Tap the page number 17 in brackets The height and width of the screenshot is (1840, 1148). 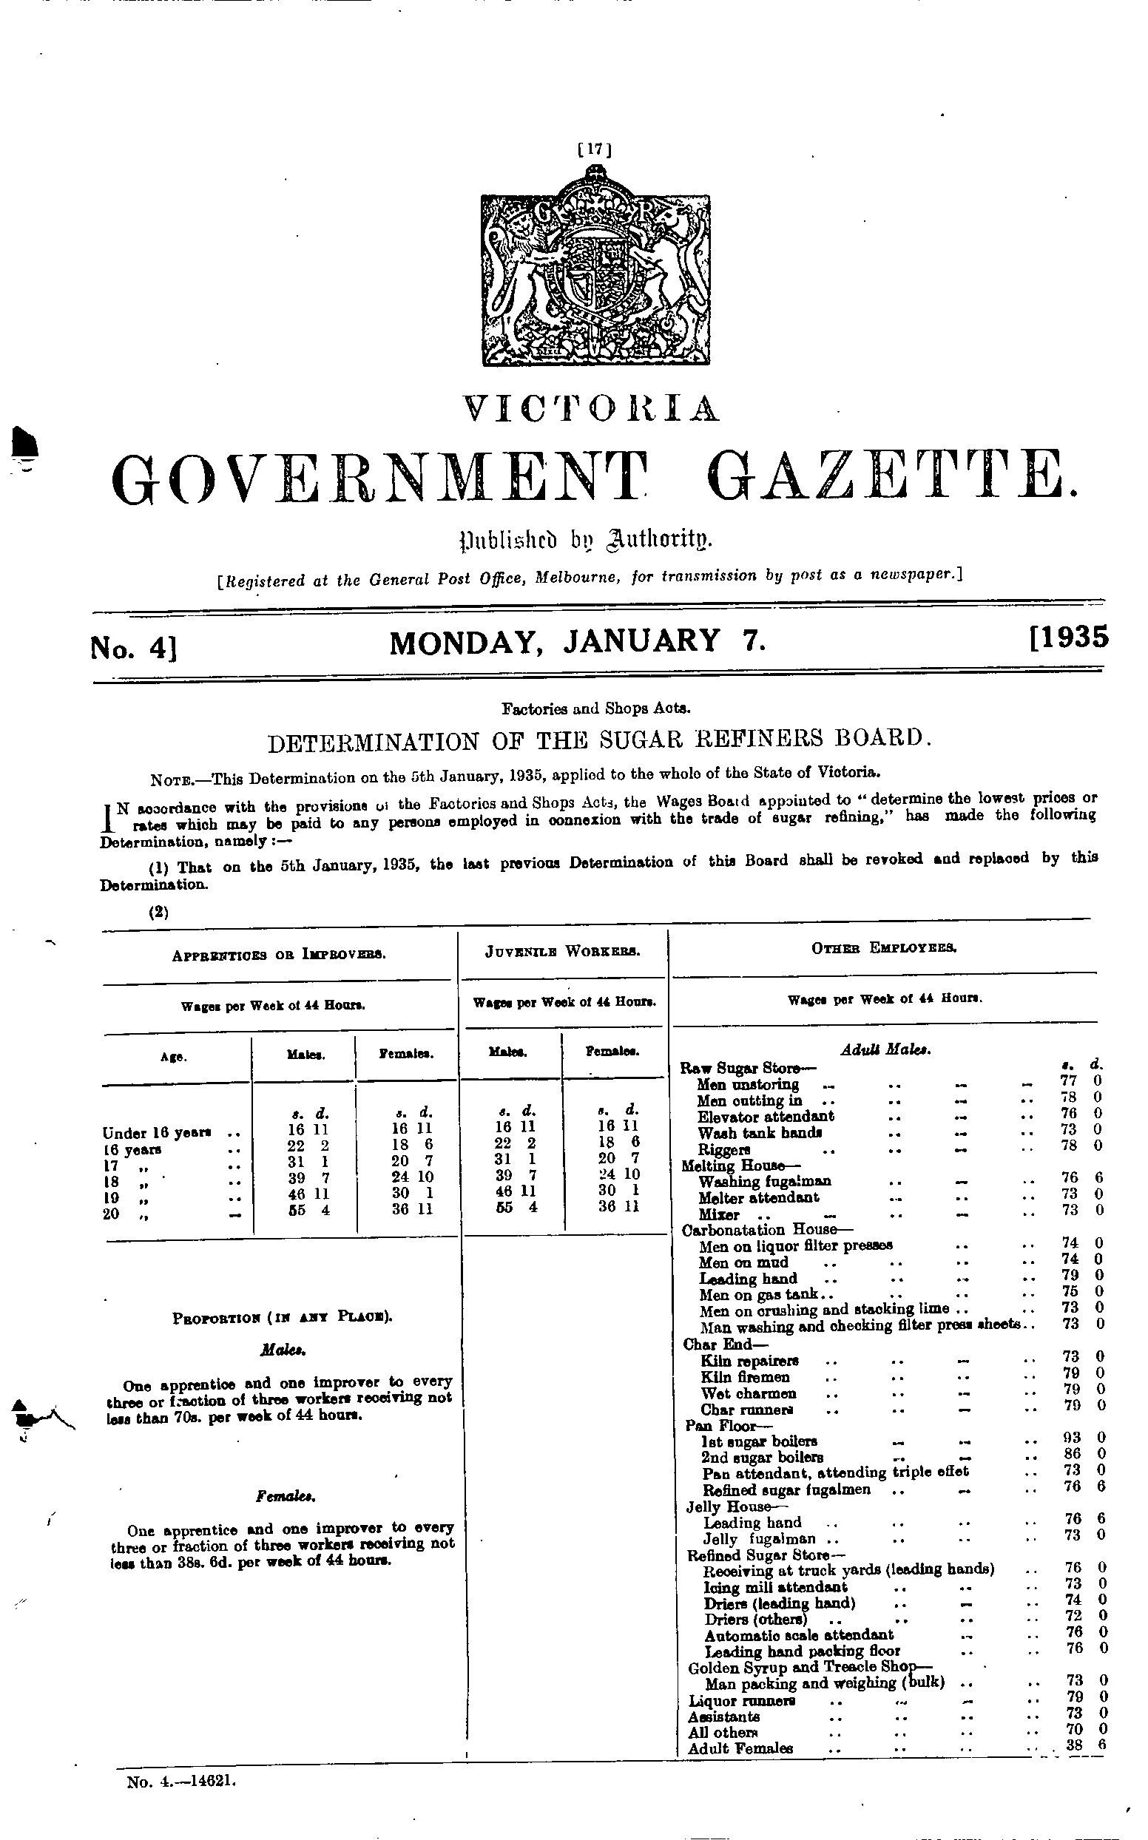pos(595,149)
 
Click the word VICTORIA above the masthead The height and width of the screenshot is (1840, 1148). pos(593,409)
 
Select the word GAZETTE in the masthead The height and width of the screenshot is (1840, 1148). pos(896,478)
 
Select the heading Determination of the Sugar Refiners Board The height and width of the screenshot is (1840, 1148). pos(599,740)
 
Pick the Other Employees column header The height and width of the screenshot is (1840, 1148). pos(884,948)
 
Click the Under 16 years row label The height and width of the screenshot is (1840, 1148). pos(156,1132)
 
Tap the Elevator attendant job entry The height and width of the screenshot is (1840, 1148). pos(766,1116)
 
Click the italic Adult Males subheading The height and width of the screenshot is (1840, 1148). pos(886,1050)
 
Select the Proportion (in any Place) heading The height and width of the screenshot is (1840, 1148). pos(283,1317)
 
